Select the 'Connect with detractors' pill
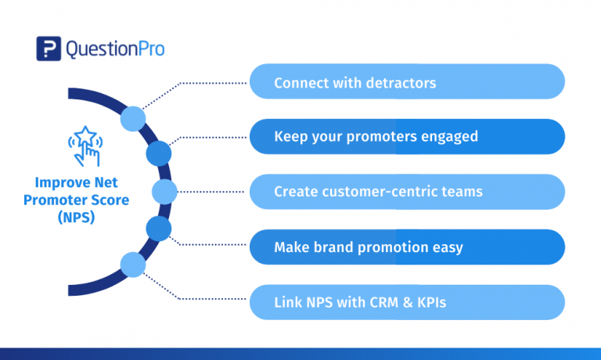point(407,82)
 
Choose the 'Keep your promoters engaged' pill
point(407,137)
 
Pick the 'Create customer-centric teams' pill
point(407,192)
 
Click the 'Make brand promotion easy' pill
point(407,247)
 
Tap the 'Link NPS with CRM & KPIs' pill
point(407,302)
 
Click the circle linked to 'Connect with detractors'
point(132,118)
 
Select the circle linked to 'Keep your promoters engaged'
point(158,153)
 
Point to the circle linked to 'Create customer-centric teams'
point(164,191)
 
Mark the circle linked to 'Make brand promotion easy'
point(158,229)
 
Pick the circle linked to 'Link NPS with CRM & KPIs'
point(132,265)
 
